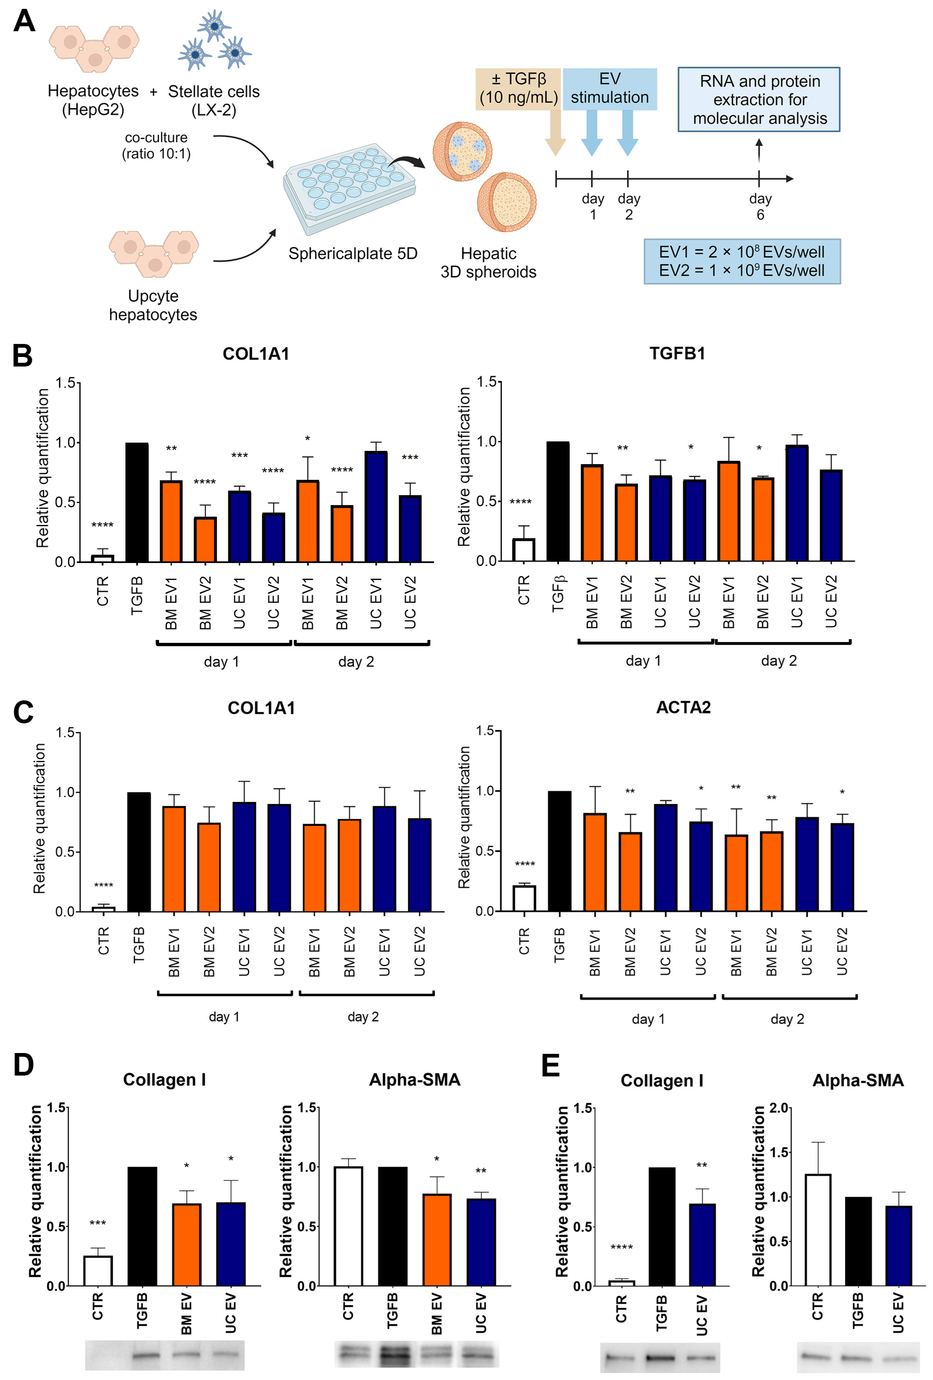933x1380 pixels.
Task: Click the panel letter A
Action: (24, 21)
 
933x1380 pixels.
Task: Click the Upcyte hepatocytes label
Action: (153, 305)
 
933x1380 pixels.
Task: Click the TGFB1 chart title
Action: (677, 353)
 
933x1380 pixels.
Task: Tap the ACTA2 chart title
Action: (683, 707)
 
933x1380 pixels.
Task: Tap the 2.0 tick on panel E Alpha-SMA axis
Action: (778, 1108)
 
